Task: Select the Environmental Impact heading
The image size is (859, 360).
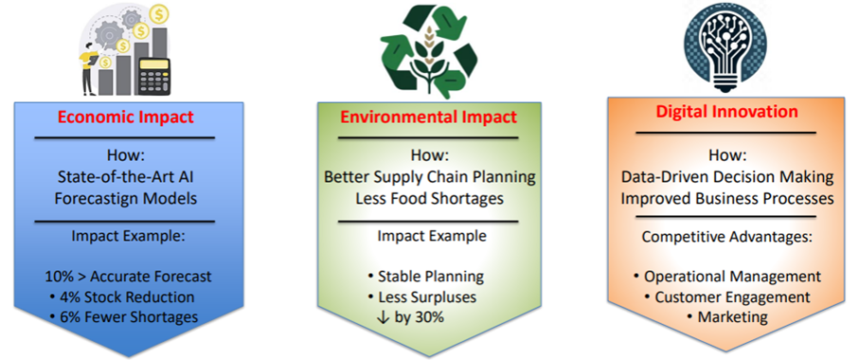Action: click(428, 117)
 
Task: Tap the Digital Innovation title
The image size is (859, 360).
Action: click(727, 113)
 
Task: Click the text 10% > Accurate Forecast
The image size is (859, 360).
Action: click(128, 278)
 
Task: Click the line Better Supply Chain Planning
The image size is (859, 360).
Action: click(430, 178)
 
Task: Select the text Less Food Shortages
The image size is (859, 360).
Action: click(430, 198)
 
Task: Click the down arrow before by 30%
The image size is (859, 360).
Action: click(385, 317)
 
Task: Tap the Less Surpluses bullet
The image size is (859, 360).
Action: click(422, 297)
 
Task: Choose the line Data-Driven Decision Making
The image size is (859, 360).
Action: click(727, 178)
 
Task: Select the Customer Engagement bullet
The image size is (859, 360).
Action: click(727, 297)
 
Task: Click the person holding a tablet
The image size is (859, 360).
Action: click(89, 63)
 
